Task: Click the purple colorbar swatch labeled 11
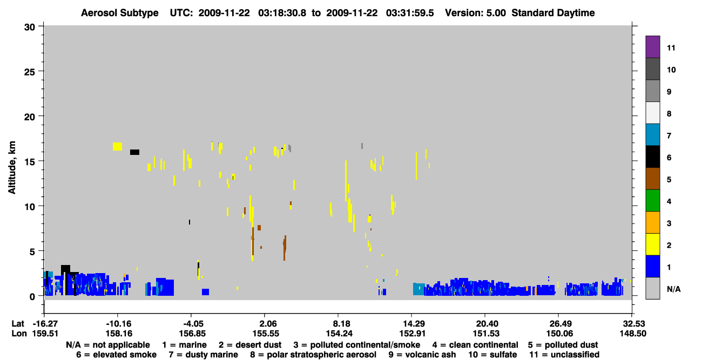point(653,46)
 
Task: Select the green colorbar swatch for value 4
point(653,201)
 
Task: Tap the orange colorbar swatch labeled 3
point(653,222)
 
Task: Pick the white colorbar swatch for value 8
point(653,113)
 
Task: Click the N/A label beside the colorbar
point(673,289)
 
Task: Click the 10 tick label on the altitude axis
point(30,207)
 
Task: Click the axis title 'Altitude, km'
point(12,168)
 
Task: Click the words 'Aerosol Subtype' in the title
point(120,13)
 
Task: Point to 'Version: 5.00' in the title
point(475,13)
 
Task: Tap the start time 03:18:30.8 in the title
point(282,13)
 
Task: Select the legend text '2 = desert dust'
point(250,345)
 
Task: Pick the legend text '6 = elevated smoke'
point(116,355)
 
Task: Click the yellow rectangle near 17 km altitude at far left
point(118,146)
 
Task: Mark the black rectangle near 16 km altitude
point(135,152)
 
